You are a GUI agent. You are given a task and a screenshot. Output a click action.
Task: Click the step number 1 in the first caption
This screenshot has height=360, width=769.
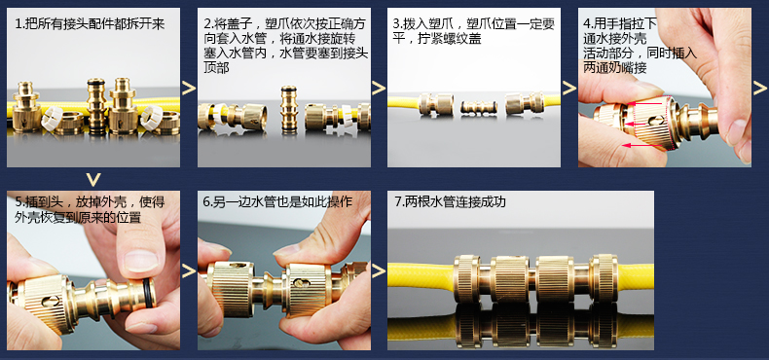[x=18, y=24]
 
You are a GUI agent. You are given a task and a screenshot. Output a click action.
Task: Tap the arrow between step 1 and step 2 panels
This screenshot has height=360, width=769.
[x=189, y=89]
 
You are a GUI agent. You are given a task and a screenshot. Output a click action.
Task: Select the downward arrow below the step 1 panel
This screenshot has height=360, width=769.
[x=92, y=178]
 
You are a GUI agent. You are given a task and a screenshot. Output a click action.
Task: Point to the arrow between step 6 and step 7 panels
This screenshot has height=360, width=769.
[x=379, y=270]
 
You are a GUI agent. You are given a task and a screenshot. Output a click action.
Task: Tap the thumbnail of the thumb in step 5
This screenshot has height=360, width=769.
[x=141, y=260]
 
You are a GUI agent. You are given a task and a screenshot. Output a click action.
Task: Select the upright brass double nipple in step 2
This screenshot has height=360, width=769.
[x=289, y=110]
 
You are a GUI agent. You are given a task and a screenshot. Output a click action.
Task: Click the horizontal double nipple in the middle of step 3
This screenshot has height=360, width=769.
[x=479, y=107]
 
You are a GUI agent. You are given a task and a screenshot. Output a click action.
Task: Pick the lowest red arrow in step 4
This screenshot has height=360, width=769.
[x=642, y=146]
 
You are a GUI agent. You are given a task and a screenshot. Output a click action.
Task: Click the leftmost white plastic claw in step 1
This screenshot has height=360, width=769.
[x=52, y=119]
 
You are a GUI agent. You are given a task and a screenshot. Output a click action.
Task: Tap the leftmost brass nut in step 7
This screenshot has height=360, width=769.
[x=467, y=278]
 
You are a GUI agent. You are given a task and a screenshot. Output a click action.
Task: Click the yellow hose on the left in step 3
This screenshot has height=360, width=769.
[x=403, y=102]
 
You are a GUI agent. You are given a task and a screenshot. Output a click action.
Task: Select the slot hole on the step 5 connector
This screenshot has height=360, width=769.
[x=51, y=301]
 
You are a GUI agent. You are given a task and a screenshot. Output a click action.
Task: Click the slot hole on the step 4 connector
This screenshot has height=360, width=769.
[x=656, y=119]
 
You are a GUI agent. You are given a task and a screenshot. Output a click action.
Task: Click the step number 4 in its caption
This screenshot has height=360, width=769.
[x=587, y=23]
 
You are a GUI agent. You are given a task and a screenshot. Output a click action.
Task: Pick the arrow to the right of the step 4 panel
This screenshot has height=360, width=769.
[x=759, y=89]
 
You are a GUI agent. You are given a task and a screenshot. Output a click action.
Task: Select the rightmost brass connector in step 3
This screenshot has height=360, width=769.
[x=525, y=103]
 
